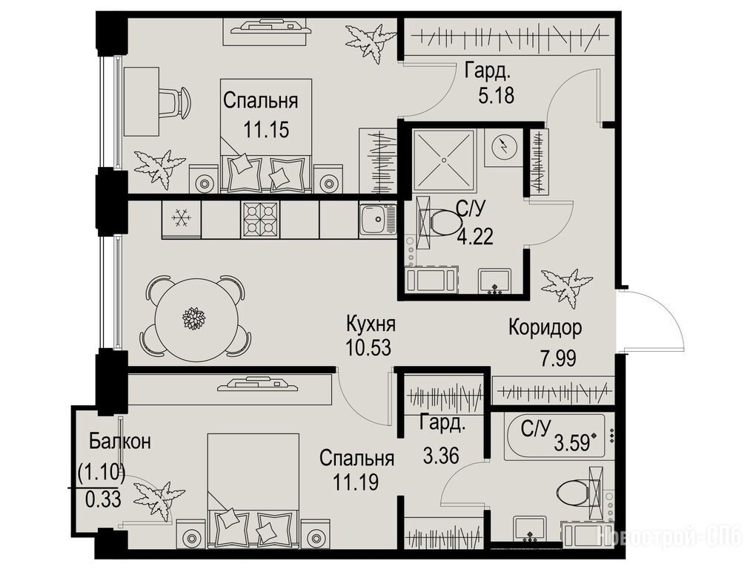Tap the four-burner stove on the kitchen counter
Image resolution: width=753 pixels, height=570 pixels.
(x=260, y=219)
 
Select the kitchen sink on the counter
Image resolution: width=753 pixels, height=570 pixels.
(x=377, y=219)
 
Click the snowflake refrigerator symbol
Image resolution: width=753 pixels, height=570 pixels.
(x=182, y=218)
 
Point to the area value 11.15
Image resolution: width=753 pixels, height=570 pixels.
(x=266, y=129)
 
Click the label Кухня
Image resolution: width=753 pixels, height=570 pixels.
(x=371, y=324)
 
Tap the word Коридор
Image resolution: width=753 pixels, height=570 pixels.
(x=545, y=327)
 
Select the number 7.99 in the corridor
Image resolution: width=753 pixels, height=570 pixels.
(x=558, y=358)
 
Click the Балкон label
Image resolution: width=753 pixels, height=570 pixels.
(x=120, y=441)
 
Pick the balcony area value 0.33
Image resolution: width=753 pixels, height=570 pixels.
(x=103, y=500)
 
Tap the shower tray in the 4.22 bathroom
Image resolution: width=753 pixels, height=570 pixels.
(x=444, y=160)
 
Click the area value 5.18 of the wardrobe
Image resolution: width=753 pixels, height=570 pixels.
(x=496, y=95)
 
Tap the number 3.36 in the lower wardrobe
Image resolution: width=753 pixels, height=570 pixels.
(x=441, y=454)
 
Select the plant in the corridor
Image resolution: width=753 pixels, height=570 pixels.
(x=566, y=286)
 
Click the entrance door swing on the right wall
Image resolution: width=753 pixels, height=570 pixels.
(x=654, y=320)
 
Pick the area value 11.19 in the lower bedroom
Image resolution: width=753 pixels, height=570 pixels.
(x=356, y=482)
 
